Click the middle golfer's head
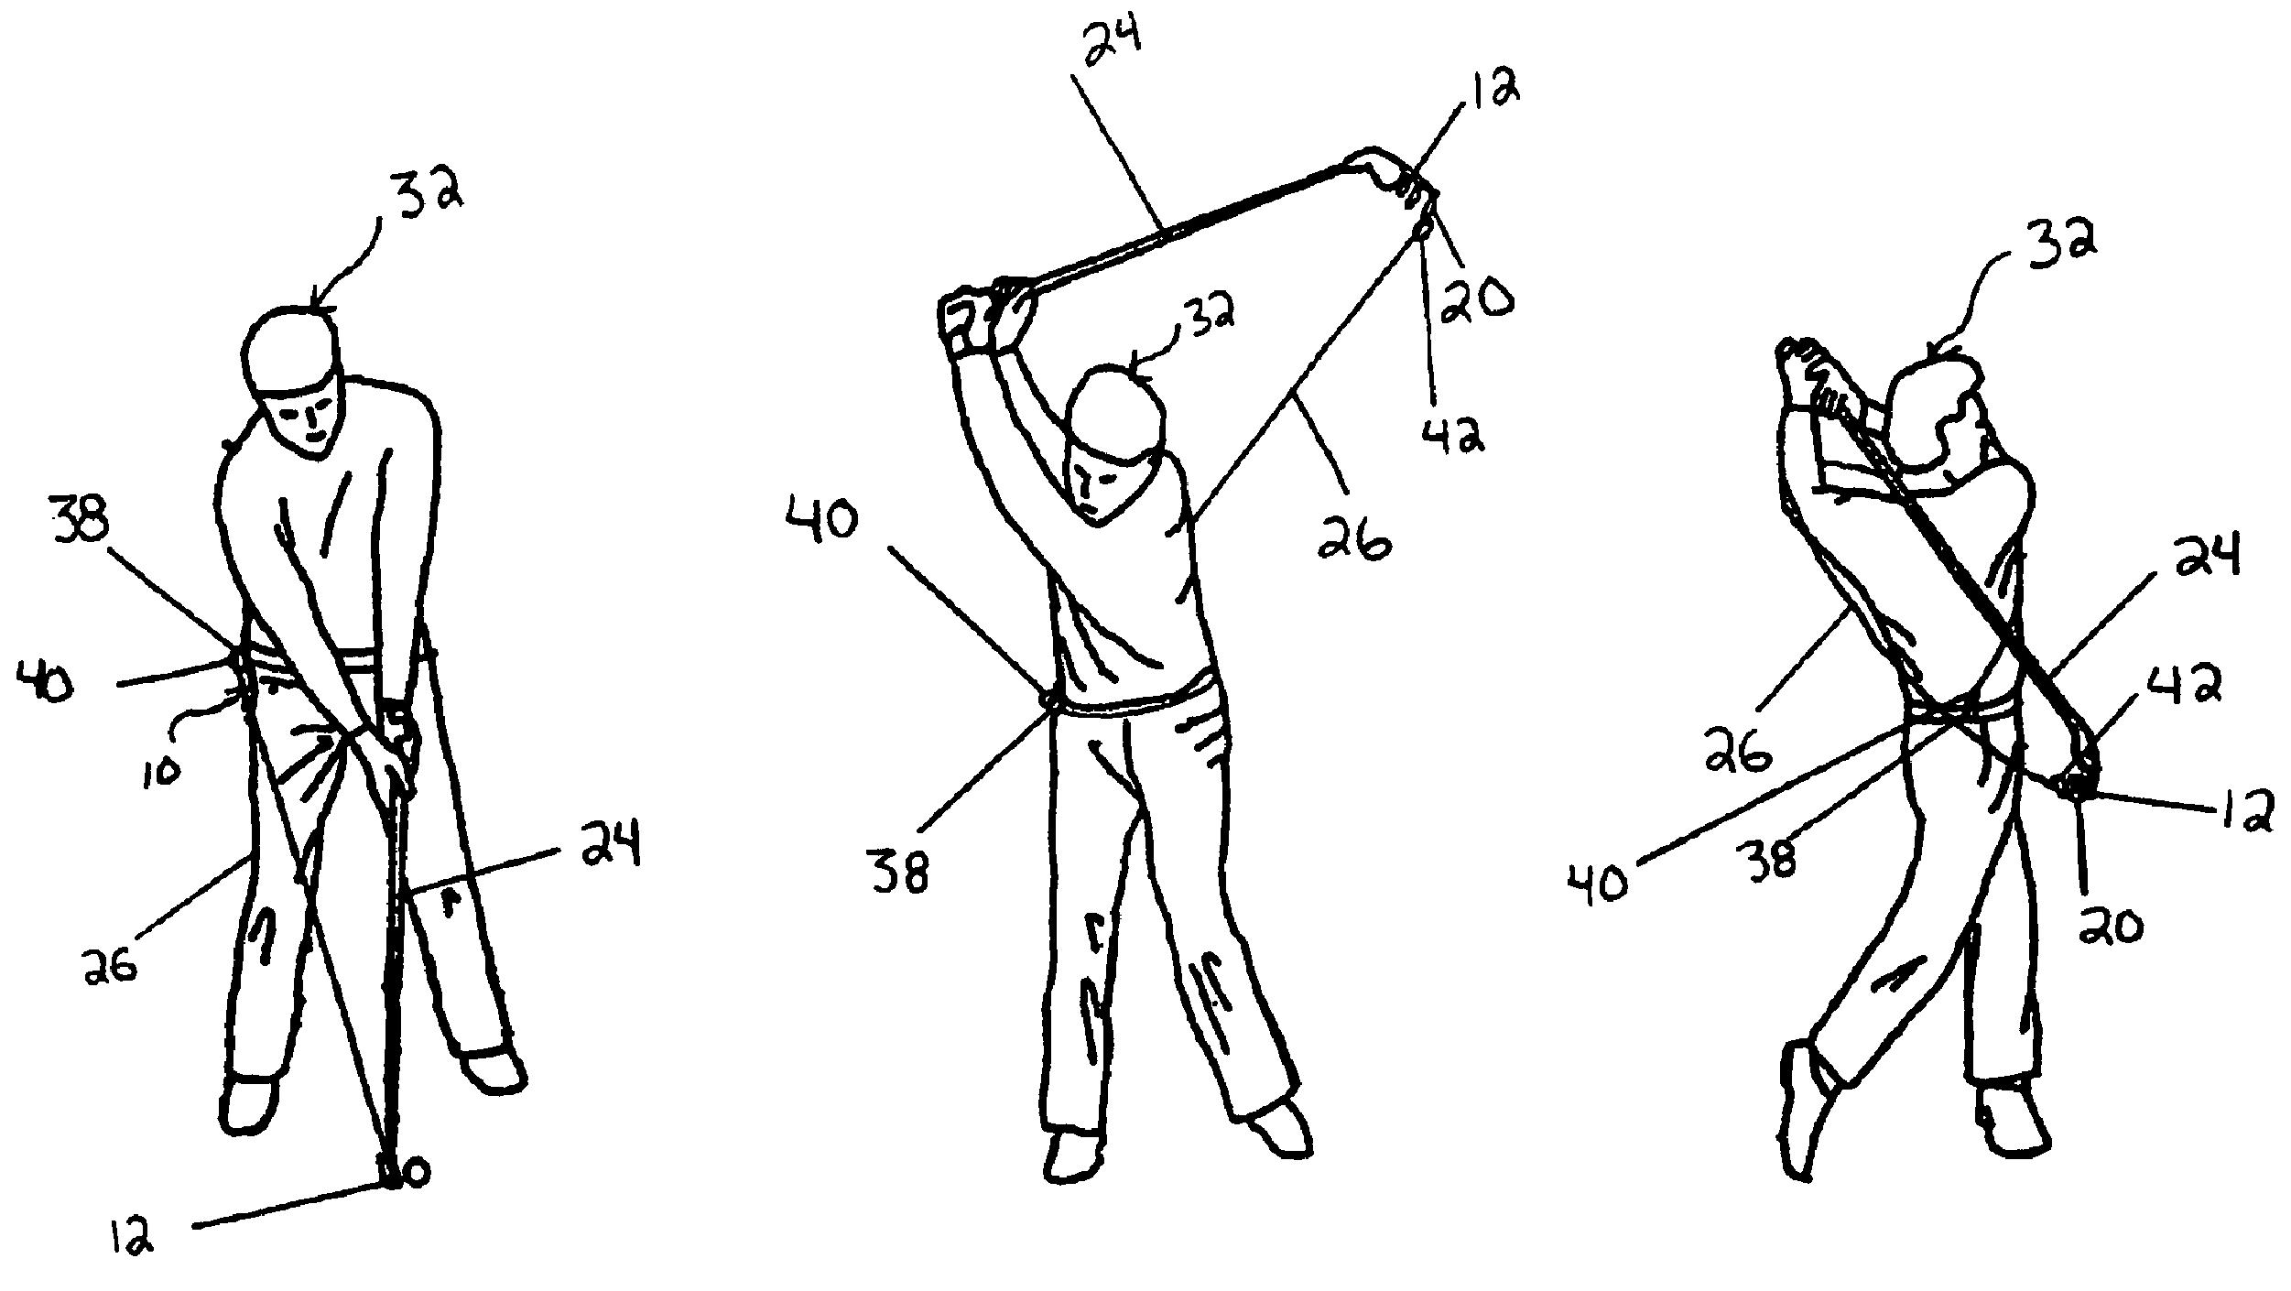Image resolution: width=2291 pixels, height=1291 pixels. point(1115,412)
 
